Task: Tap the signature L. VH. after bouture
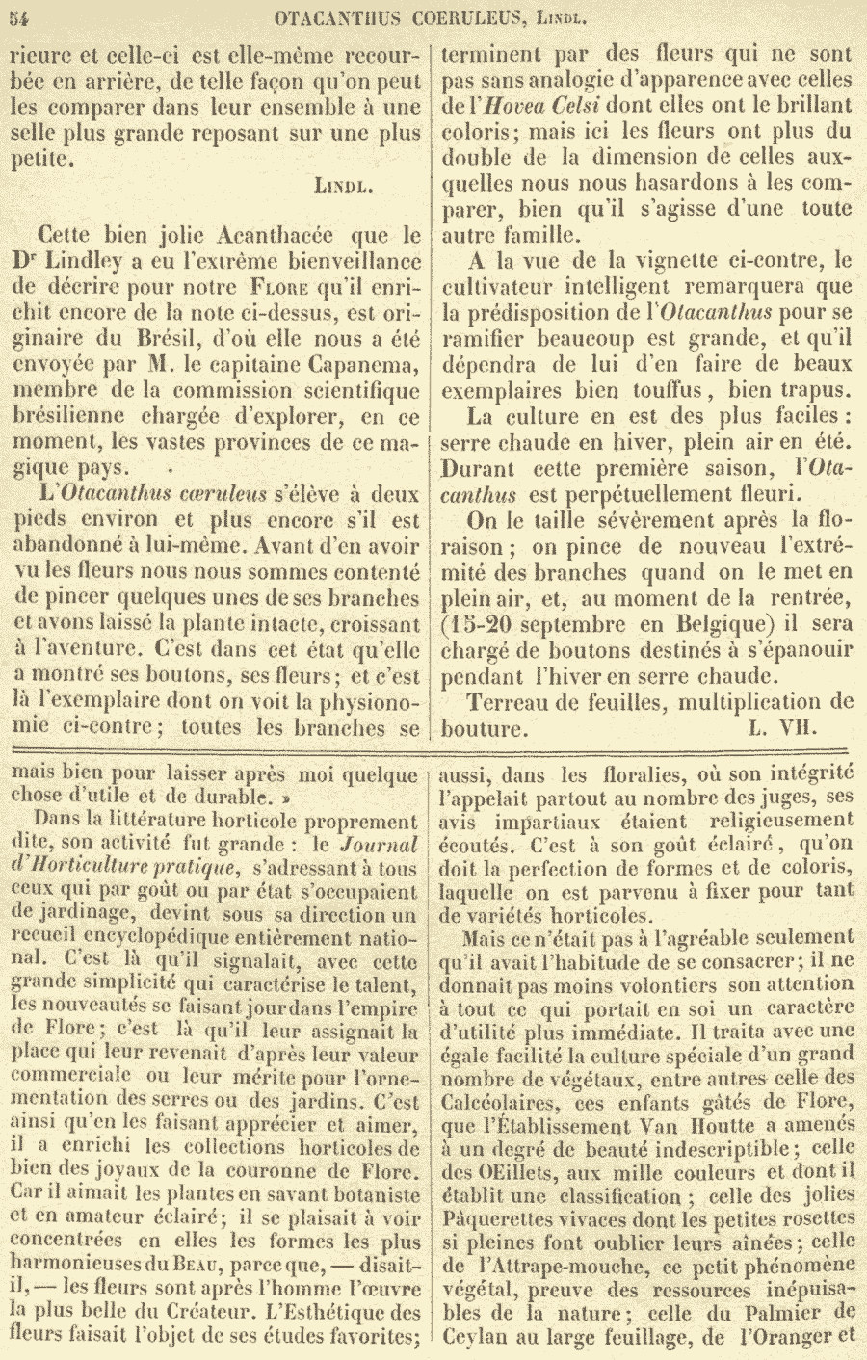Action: click(x=781, y=728)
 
